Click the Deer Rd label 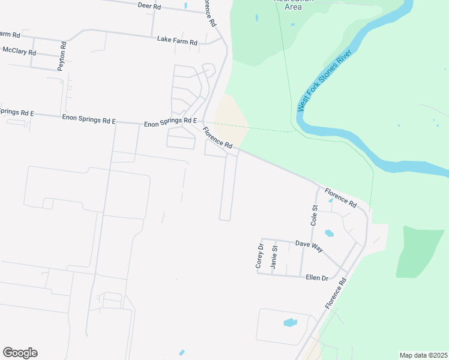[149, 6]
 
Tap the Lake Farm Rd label [177, 41]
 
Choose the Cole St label [314, 215]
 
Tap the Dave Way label [309, 246]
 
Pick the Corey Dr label [260, 255]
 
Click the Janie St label [274, 257]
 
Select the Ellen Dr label [317, 278]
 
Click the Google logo [20, 353]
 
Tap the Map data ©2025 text [423, 355]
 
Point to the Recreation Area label [294, 3]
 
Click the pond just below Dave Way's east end [329, 233]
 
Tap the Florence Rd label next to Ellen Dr [336, 293]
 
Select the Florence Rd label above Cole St [340, 198]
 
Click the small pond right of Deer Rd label [185, 6]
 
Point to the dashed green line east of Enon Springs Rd [264, 128]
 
